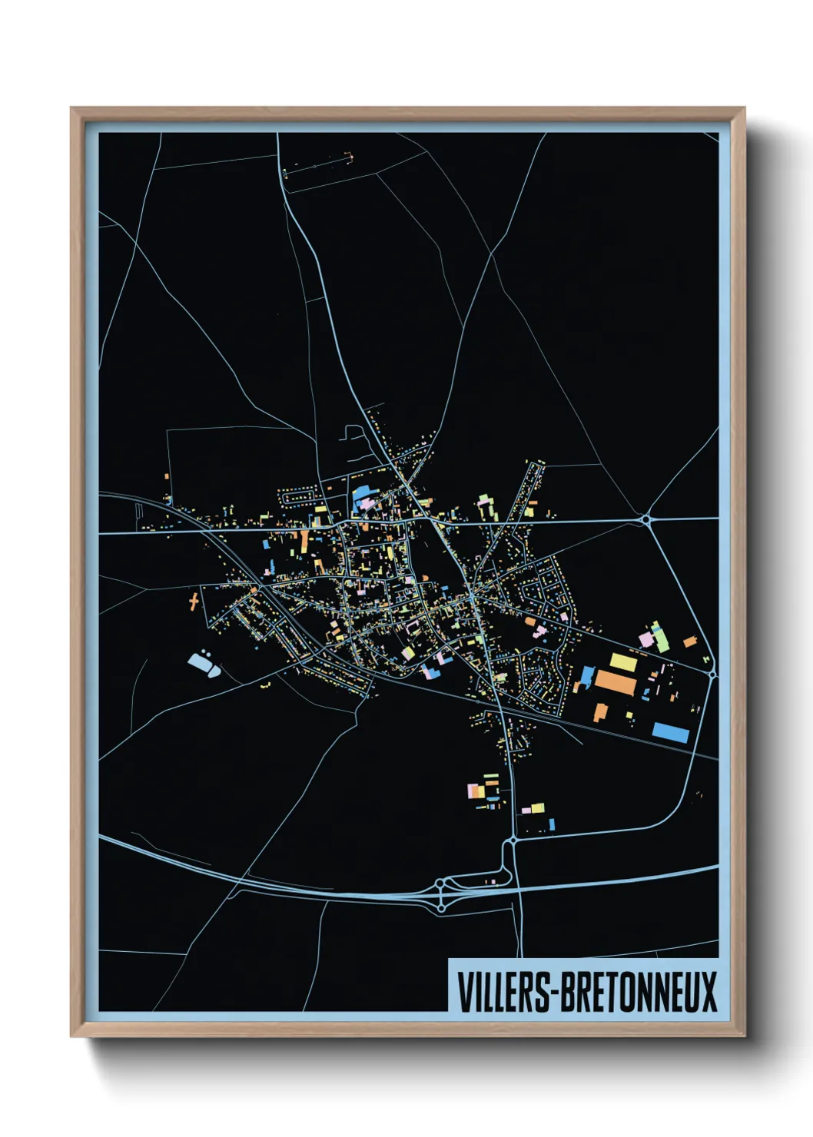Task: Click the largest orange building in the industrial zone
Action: pos(615,682)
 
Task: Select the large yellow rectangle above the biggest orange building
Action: pos(622,661)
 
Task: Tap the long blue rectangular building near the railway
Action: pos(670,732)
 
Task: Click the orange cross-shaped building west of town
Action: pos(194,599)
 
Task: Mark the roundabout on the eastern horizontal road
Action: pos(646,520)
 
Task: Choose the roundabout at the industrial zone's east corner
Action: pos(712,675)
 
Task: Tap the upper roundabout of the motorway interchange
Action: pos(441,885)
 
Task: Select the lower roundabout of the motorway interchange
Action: pos(441,908)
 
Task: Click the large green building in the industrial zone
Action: pos(659,637)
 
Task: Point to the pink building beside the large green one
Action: pos(646,640)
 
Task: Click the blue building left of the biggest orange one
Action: pos(587,676)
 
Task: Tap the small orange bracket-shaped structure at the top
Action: pos(350,158)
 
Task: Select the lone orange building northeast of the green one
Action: pos(689,641)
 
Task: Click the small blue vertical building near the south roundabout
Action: pos(552,824)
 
